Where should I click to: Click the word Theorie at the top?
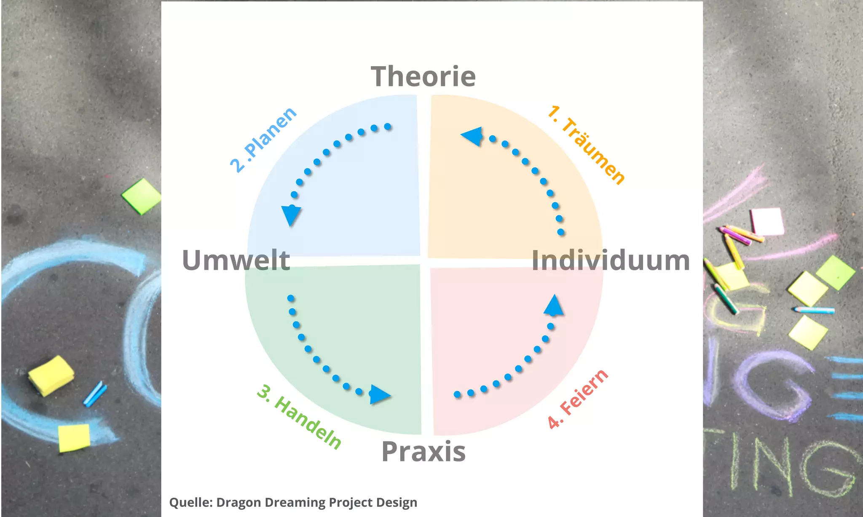423,77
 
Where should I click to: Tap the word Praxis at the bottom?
423,452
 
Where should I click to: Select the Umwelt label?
236,260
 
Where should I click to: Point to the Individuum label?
611,260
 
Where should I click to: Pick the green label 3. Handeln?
299,416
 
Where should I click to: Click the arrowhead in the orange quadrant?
472,136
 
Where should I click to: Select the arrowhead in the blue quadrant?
291,214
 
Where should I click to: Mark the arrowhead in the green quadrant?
379,395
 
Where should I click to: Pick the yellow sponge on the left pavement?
51,375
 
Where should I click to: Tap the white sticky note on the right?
767,221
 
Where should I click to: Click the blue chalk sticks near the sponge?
95,394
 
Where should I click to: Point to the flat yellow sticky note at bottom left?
74,438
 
